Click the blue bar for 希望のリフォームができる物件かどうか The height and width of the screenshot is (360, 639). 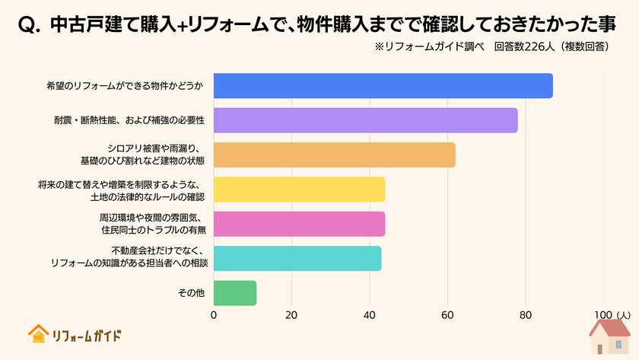(x=383, y=86)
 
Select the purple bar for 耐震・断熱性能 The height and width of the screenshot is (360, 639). (x=365, y=120)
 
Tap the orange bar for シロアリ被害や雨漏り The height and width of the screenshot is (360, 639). (x=334, y=155)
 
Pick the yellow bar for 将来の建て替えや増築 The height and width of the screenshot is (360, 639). (x=299, y=190)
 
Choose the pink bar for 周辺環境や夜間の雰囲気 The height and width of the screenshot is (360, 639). (x=299, y=224)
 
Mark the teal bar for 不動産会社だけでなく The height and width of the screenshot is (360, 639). (x=297, y=258)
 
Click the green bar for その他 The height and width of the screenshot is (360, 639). (x=235, y=293)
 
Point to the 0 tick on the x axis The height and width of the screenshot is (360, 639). (x=214, y=315)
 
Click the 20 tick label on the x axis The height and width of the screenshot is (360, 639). (x=291, y=315)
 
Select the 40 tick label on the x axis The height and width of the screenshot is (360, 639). (x=370, y=315)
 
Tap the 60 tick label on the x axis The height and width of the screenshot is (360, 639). (x=447, y=315)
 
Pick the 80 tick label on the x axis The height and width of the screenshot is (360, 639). (x=526, y=315)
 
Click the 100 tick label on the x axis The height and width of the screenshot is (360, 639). (x=602, y=315)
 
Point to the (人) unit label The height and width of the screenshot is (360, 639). (x=624, y=315)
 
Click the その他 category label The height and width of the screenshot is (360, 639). (x=191, y=293)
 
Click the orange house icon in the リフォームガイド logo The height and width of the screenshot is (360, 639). (x=37, y=334)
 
